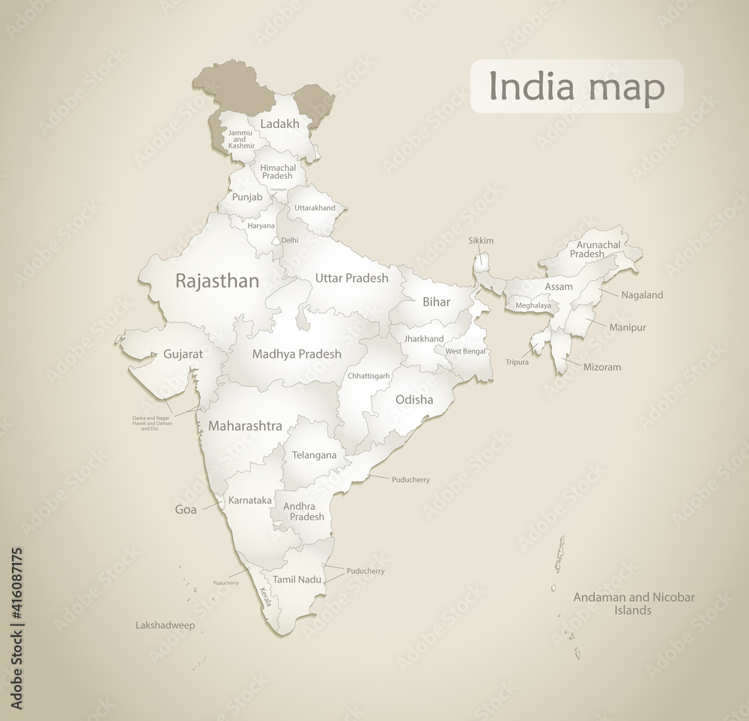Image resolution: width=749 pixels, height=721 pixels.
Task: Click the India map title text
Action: (x=576, y=87)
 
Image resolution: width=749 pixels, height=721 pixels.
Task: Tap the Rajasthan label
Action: (x=216, y=282)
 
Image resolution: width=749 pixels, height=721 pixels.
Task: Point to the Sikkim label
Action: (x=481, y=240)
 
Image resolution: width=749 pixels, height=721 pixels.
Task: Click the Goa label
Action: (x=185, y=510)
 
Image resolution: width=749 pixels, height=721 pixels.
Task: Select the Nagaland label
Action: (x=642, y=295)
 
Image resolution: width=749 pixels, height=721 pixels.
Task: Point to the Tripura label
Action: (x=517, y=362)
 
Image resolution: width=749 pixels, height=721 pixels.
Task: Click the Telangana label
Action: (x=314, y=454)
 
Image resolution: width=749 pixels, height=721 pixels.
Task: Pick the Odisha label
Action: (x=414, y=399)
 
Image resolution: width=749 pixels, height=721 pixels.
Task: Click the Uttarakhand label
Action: (x=315, y=207)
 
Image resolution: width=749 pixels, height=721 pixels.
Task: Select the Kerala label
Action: (x=266, y=596)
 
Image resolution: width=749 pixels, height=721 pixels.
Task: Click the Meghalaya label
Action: (x=533, y=305)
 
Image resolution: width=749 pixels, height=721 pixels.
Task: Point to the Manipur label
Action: (x=628, y=327)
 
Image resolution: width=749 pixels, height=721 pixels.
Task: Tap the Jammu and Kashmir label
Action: (x=242, y=139)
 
